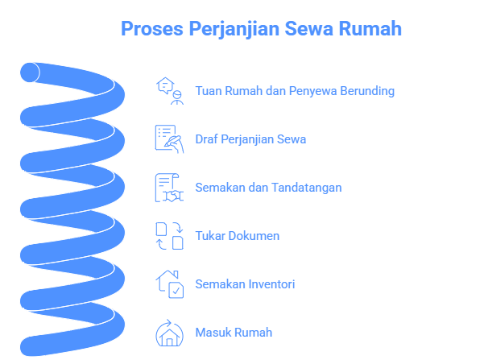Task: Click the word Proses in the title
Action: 152,29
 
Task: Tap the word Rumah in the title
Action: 370,29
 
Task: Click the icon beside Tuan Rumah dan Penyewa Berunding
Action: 169,91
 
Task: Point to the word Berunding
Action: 367,91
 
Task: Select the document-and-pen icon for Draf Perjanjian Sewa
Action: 169,139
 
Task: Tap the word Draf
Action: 206,139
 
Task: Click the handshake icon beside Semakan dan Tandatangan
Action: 169,188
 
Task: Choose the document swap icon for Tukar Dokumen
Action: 169,236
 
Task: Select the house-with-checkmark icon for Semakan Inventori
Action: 169,284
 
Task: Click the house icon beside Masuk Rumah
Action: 169,333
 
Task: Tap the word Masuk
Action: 213,333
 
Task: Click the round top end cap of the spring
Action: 30,72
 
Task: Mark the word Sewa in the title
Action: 308,29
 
